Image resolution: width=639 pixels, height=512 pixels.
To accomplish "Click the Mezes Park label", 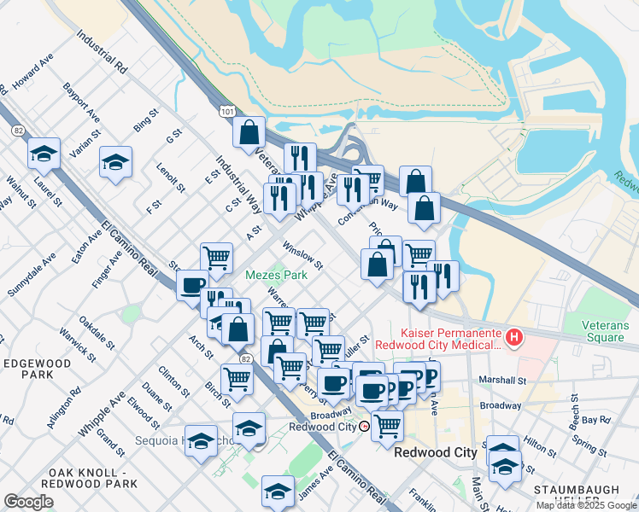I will (276, 276).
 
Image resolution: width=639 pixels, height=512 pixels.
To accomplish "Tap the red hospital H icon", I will (513, 338).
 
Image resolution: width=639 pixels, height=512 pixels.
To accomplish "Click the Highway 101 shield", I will (226, 111).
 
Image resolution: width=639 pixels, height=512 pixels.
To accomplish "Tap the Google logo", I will (28, 501).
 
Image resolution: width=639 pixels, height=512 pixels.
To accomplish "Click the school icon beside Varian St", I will (44, 154).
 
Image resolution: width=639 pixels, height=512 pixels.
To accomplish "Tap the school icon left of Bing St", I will (115, 163).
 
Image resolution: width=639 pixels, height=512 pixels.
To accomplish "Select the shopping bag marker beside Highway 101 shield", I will (249, 132).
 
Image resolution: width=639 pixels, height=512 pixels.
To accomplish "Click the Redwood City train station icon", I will (365, 426).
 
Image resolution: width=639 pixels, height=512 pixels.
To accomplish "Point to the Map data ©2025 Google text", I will (586, 505).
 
